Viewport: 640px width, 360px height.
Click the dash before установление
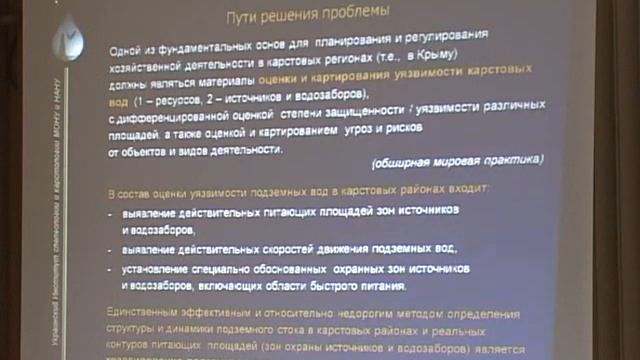(x=111, y=270)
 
